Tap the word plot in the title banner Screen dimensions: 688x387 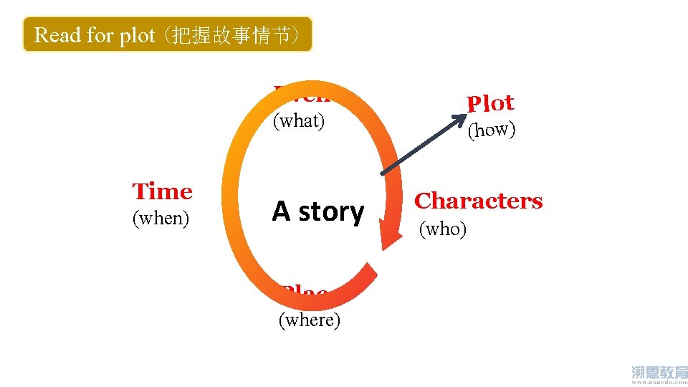point(137,35)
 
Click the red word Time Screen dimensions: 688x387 point(163,192)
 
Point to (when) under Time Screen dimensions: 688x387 point(161,218)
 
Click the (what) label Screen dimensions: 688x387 point(299,121)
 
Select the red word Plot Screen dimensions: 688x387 point(490,104)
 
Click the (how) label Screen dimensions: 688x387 point(492,130)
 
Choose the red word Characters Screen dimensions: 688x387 point(479,201)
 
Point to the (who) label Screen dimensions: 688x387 point(443,229)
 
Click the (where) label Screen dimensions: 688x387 point(309,320)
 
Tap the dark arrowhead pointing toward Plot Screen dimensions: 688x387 point(459,120)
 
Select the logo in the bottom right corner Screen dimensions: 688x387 point(659,373)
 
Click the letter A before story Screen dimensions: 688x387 point(280,211)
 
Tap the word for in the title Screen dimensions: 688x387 point(102,35)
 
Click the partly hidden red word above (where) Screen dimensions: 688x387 point(305,292)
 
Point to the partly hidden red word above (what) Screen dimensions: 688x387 point(301,92)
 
